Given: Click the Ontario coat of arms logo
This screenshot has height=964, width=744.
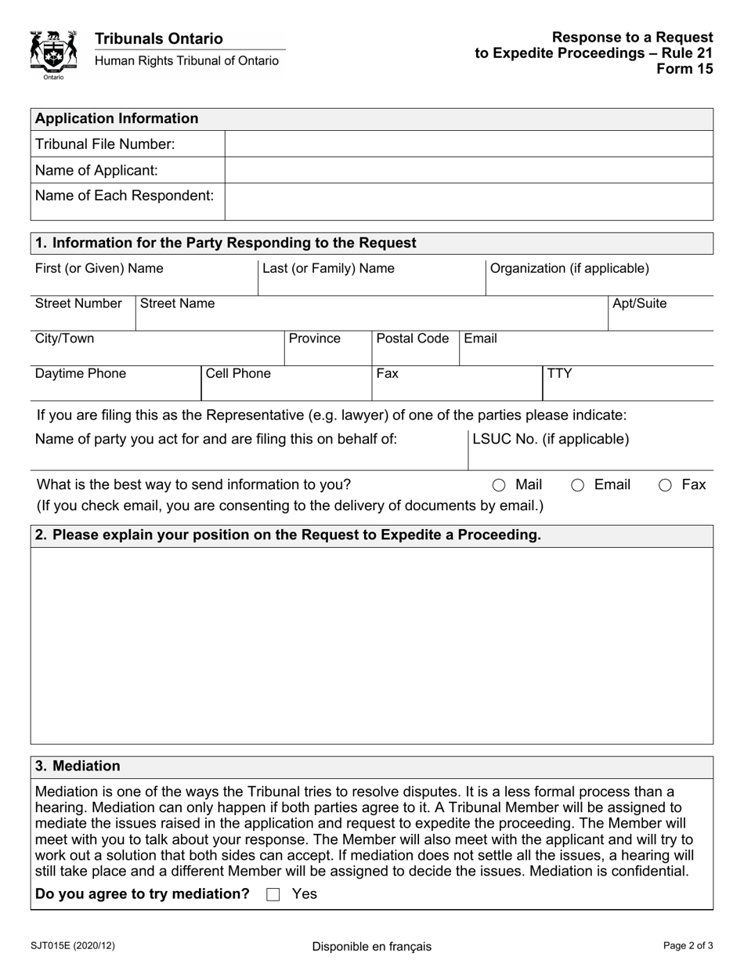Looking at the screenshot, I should pos(53,54).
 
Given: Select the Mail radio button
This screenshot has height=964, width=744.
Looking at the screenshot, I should pos(499,485).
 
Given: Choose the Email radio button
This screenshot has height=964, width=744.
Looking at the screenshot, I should pos(578,485).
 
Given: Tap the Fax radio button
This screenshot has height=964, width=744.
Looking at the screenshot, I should pos(665,485).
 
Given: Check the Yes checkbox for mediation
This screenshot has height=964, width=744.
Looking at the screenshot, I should pos(273,894).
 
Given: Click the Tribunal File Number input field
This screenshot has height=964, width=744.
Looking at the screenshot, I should pos(468,144).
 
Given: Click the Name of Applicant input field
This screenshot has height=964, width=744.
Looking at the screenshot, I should pos(468,170).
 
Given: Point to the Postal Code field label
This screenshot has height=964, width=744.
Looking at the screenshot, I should pos(413,339).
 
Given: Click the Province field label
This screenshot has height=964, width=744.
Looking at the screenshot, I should pos(315,339).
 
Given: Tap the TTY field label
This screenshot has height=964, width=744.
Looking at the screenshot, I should pos(559,374).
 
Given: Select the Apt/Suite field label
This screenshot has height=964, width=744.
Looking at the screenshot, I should pos(639,303).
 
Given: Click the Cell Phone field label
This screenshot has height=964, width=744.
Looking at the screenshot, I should pos(238,374).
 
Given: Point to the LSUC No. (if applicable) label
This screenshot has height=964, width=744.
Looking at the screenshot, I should pos(551,439).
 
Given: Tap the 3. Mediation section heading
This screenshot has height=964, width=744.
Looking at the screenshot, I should pos(78,766).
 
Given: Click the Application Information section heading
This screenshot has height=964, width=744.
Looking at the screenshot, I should pos(117,119).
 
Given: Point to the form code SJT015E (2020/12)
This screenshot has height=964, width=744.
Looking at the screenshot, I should pos(74,946).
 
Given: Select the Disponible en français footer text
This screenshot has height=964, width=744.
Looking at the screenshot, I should pos(371,946).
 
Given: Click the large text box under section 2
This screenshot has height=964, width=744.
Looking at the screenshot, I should pos(371,645).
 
